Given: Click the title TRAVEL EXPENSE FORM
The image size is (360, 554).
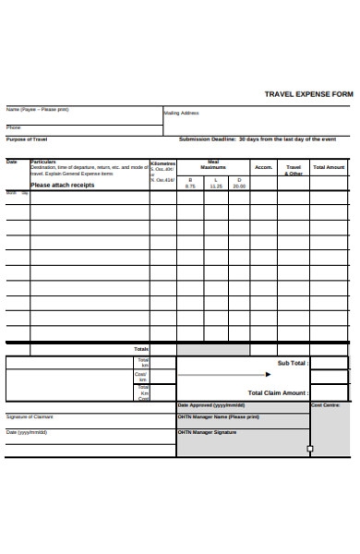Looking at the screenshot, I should (x=308, y=93).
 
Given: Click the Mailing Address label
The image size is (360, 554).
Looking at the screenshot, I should (x=181, y=113).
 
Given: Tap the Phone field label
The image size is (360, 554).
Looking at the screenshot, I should (x=14, y=127).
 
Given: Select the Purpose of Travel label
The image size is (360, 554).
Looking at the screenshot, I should (x=27, y=138).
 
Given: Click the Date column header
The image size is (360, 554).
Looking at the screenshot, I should (x=12, y=162).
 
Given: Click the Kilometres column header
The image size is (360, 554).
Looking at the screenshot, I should (x=162, y=162).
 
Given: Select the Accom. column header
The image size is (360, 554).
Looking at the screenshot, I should (x=263, y=167).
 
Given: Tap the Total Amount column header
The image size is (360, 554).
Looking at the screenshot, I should (x=329, y=167).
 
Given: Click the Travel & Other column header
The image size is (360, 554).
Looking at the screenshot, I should (x=294, y=170).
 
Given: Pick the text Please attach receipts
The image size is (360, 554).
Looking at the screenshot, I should (x=63, y=185).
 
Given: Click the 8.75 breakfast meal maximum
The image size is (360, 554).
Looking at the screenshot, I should (x=190, y=186).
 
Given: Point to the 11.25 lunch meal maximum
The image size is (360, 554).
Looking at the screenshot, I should (x=215, y=186).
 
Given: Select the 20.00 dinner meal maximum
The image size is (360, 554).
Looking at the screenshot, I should (x=239, y=186).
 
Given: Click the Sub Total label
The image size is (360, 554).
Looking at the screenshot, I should (x=293, y=363).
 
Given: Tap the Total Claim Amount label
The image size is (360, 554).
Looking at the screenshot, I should (x=278, y=392).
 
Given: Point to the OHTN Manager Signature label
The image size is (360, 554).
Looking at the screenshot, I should (x=213, y=431).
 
